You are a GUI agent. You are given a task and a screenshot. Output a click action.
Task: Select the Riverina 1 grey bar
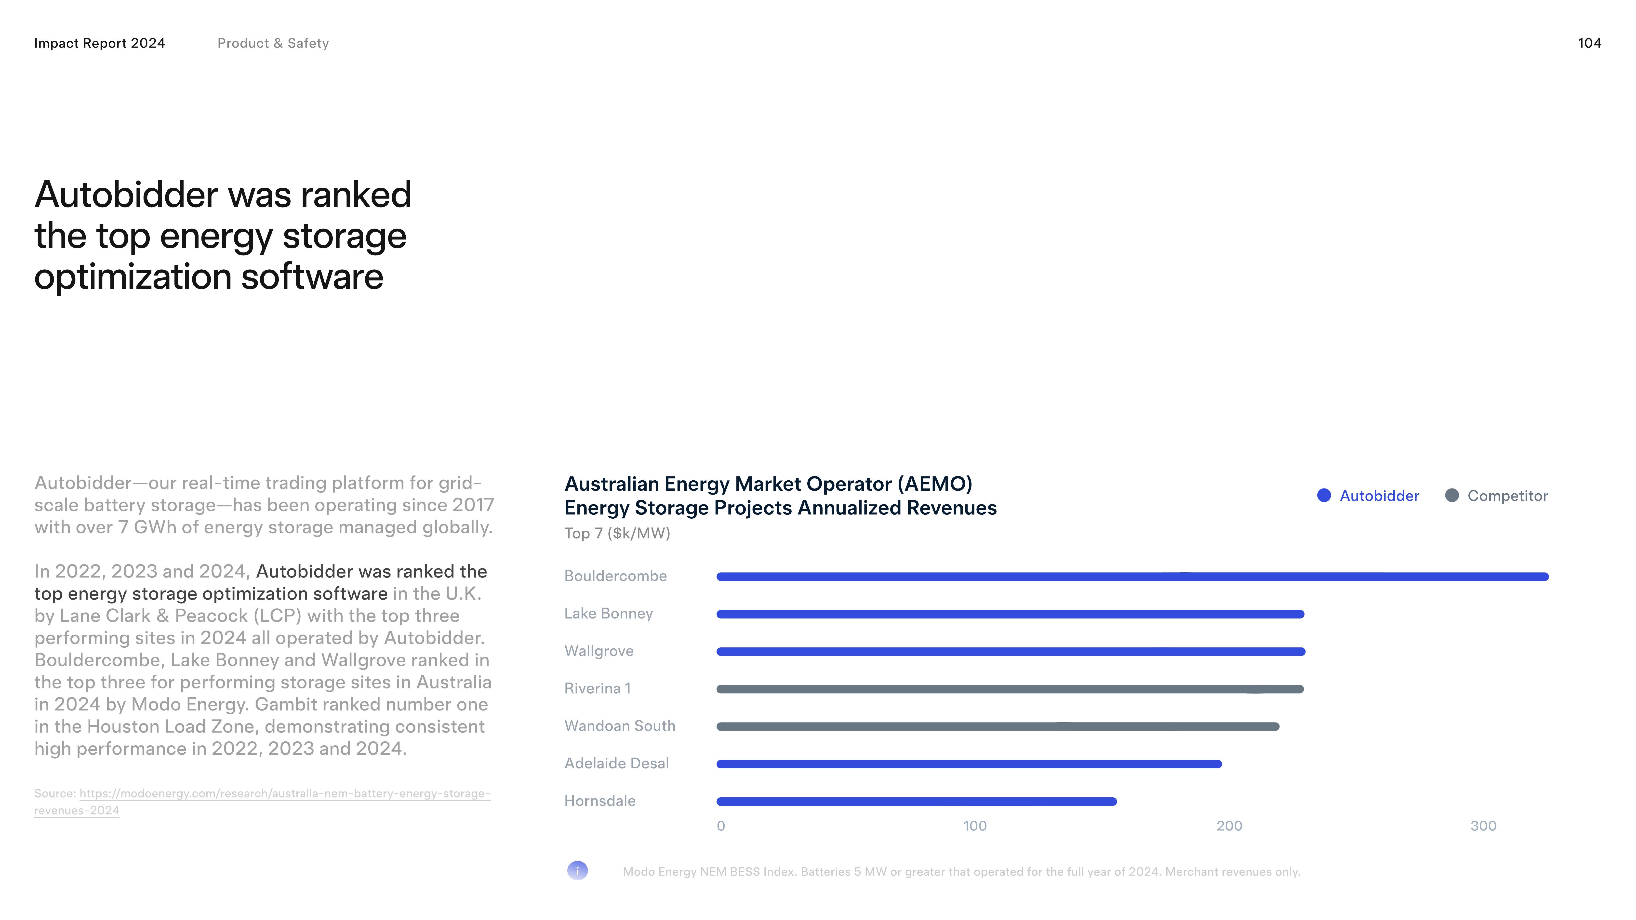click(x=1010, y=689)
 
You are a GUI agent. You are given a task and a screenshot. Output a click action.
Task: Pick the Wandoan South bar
click(x=997, y=726)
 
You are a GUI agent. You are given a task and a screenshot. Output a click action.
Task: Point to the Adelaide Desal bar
click(x=969, y=764)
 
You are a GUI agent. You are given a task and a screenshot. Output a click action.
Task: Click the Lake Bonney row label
click(x=608, y=613)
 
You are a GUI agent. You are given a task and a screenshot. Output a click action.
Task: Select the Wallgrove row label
click(x=599, y=651)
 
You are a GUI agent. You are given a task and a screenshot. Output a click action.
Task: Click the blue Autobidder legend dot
click(x=1324, y=495)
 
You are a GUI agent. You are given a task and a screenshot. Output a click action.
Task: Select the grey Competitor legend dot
click(x=1452, y=495)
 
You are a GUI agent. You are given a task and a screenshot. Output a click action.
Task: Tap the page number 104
click(x=1589, y=43)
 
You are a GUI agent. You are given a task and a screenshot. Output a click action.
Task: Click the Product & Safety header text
click(x=273, y=43)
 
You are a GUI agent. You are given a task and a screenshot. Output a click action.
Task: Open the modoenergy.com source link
click(x=284, y=794)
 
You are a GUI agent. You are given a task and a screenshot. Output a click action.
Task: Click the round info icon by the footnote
click(x=577, y=870)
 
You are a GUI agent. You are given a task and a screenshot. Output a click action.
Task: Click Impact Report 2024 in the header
click(x=100, y=43)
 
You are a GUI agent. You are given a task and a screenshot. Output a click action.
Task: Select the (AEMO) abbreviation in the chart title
click(x=934, y=484)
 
